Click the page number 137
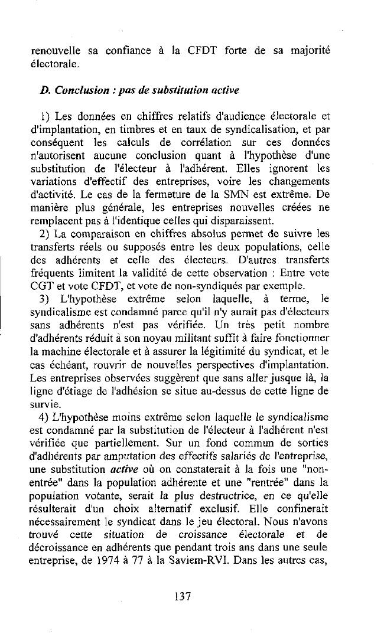click(183, 597)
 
